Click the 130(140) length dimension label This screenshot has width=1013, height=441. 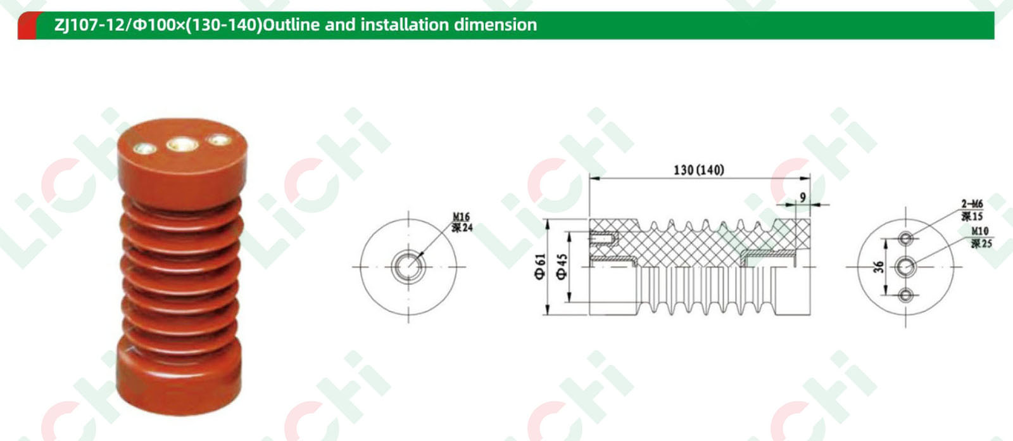(x=699, y=170)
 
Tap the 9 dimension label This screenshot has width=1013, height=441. (x=803, y=198)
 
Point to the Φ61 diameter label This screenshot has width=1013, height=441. (x=541, y=267)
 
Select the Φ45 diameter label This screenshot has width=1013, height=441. (x=562, y=267)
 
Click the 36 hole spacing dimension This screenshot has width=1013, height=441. (x=879, y=267)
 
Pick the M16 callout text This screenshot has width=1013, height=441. (x=462, y=217)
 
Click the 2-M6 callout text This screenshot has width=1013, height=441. (x=972, y=204)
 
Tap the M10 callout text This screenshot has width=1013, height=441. (x=980, y=231)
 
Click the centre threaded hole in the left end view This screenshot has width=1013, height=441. (x=408, y=267)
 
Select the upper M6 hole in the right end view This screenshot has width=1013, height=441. (x=906, y=238)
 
